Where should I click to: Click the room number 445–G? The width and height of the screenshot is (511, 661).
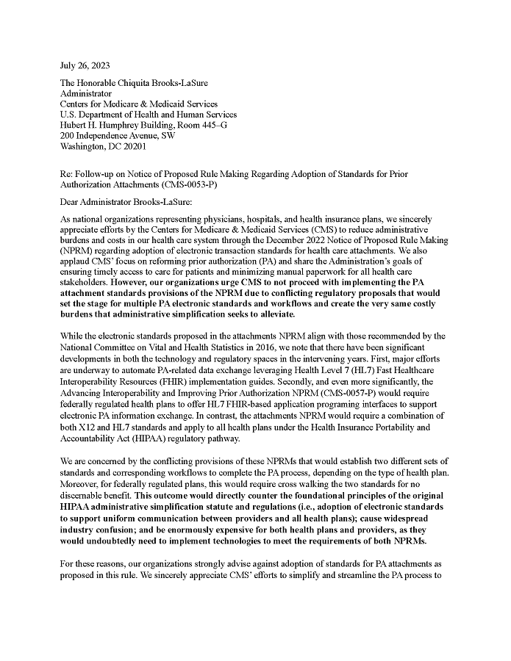[x=212, y=125]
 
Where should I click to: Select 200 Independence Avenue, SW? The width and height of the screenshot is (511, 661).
[x=118, y=135]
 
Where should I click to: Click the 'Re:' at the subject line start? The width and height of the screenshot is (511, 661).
[x=67, y=174]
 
